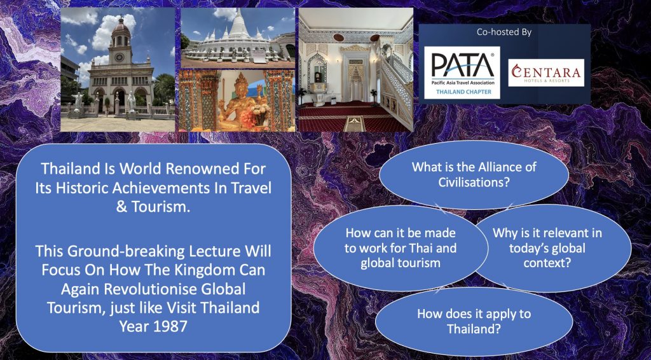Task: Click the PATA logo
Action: [462, 73]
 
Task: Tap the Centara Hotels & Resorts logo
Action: [546, 73]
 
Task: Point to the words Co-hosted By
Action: [504, 32]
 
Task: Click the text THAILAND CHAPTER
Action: [463, 92]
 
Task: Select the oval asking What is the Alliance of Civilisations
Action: [474, 174]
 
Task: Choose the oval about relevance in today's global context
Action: [553, 248]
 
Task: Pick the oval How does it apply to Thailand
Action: [474, 321]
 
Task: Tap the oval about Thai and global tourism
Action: [401, 248]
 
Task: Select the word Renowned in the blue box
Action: [195, 169]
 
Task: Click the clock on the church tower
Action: [120, 57]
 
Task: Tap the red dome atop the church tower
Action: [121, 27]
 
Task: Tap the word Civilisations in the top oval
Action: [474, 182]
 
